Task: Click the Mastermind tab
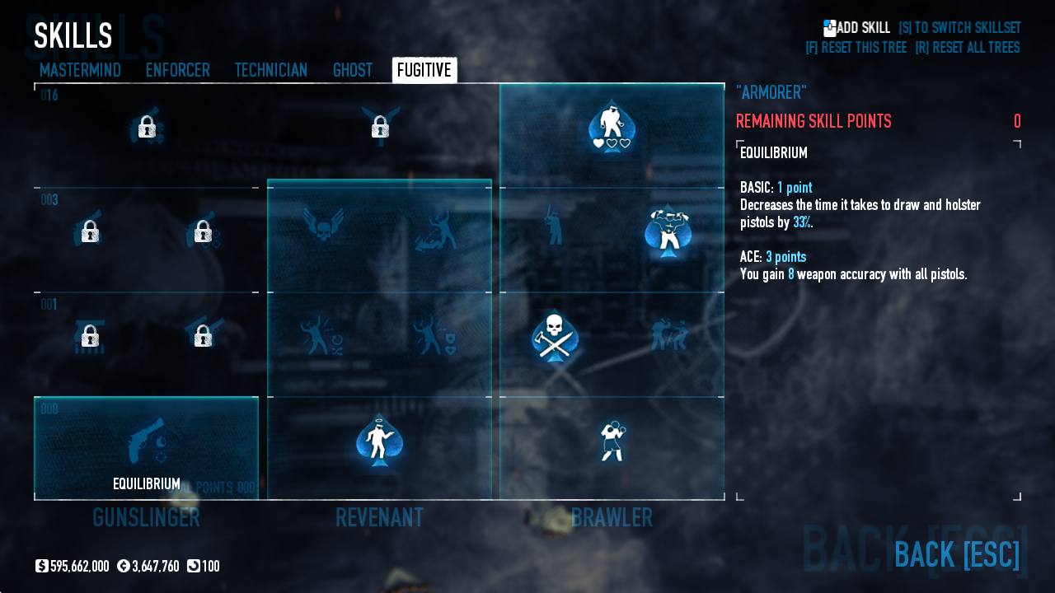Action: (x=80, y=71)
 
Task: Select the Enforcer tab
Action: (x=177, y=71)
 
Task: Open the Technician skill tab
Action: (x=270, y=71)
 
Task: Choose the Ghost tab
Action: (x=352, y=71)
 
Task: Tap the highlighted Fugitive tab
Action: (x=424, y=71)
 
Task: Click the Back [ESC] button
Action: (x=956, y=555)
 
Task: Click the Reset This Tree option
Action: (x=856, y=48)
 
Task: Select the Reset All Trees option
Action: (x=967, y=48)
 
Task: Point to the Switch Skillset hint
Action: (x=959, y=28)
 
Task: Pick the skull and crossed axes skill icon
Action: (x=555, y=336)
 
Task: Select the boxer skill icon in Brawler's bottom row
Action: (x=612, y=441)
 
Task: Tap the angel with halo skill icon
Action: (x=379, y=441)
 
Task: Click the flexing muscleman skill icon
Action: (x=668, y=231)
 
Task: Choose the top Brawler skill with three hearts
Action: (x=612, y=128)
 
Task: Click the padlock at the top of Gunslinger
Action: (x=147, y=127)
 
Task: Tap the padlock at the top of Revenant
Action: (x=380, y=127)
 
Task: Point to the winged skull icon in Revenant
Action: (x=323, y=224)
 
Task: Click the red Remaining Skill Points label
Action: (x=813, y=122)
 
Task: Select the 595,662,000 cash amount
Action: (x=79, y=567)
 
